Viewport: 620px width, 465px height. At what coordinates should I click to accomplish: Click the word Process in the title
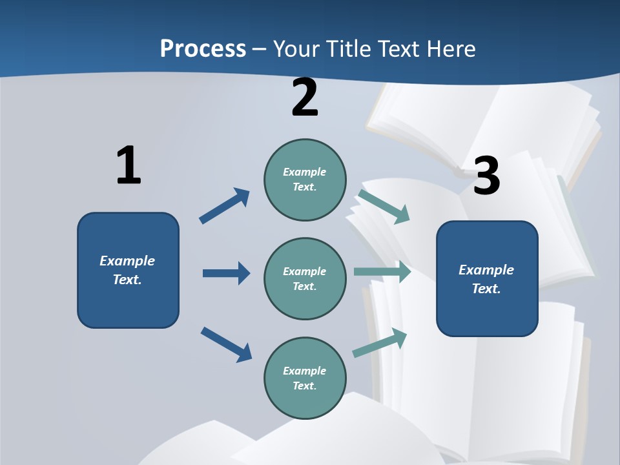[x=203, y=48]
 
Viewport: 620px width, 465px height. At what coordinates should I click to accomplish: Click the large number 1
[x=129, y=165]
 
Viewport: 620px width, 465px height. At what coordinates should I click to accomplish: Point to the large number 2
[x=305, y=98]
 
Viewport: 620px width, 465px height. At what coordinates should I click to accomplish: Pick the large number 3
[x=487, y=176]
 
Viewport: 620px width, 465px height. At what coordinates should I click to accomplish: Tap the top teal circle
[x=305, y=180]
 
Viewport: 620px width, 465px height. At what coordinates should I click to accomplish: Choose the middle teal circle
[x=305, y=279]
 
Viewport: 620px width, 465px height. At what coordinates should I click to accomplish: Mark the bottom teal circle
[x=305, y=378]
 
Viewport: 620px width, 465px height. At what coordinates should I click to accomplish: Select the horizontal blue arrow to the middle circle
[x=226, y=273]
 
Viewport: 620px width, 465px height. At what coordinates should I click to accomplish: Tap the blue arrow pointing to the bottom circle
[x=226, y=344]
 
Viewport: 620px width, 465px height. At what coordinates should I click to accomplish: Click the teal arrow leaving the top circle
[x=384, y=206]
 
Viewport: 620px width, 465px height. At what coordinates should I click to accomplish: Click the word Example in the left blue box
[x=127, y=261]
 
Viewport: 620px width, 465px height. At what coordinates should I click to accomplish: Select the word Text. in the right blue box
[x=486, y=289]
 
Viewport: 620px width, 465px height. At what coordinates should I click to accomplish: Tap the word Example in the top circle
[x=305, y=172]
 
